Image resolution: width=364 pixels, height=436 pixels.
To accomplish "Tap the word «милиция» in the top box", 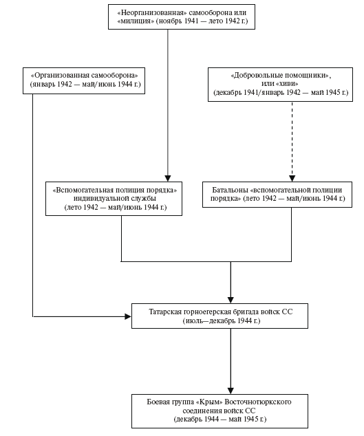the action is coord(136,21).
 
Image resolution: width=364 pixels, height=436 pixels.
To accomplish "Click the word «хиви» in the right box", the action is coord(287,84).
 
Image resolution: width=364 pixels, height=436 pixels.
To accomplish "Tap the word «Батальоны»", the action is coord(230,190).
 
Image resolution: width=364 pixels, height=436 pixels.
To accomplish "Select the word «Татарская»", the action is coord(165,312).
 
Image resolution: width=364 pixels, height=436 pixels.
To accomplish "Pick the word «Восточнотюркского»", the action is coord(258,402).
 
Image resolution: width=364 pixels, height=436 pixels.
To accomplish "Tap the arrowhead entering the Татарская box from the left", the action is coord(128,316).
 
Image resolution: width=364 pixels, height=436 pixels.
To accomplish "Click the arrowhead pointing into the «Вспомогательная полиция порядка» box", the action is coord(167,179).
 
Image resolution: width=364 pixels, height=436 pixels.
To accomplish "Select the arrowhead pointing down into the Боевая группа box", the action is coord(231,391).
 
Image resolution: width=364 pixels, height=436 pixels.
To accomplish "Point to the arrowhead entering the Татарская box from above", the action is coord(231,300).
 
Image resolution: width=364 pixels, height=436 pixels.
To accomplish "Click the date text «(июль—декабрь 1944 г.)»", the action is coord(222,321).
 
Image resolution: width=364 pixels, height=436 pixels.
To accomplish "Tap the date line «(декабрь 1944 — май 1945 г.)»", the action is coord(220,419).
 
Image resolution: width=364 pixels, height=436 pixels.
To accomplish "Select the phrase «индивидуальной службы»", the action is coord(115,199).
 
